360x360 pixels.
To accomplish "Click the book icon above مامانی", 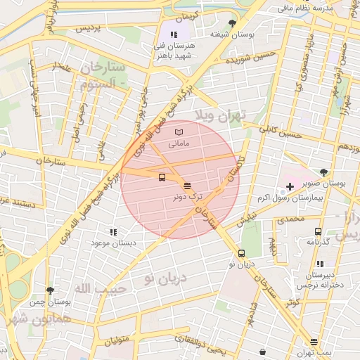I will [178, 132].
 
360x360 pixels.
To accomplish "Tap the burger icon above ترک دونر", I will [186, 186].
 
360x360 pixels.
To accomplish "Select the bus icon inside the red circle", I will [162, 178].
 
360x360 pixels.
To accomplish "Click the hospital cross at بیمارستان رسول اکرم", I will [290, 186].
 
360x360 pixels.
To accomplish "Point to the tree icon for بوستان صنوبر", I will [323, 172].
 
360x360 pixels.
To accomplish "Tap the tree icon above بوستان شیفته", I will [233, 23].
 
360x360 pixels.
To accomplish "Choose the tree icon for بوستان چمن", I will [50, 290].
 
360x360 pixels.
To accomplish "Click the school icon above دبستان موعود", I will [112, 231].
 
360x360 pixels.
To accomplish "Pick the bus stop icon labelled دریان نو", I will [242, 253].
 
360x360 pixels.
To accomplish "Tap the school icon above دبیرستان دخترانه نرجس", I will [320, 264].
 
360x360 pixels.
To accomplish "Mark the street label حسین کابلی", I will [281, 131].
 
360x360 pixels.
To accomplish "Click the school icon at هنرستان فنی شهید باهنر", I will [174, 33].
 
